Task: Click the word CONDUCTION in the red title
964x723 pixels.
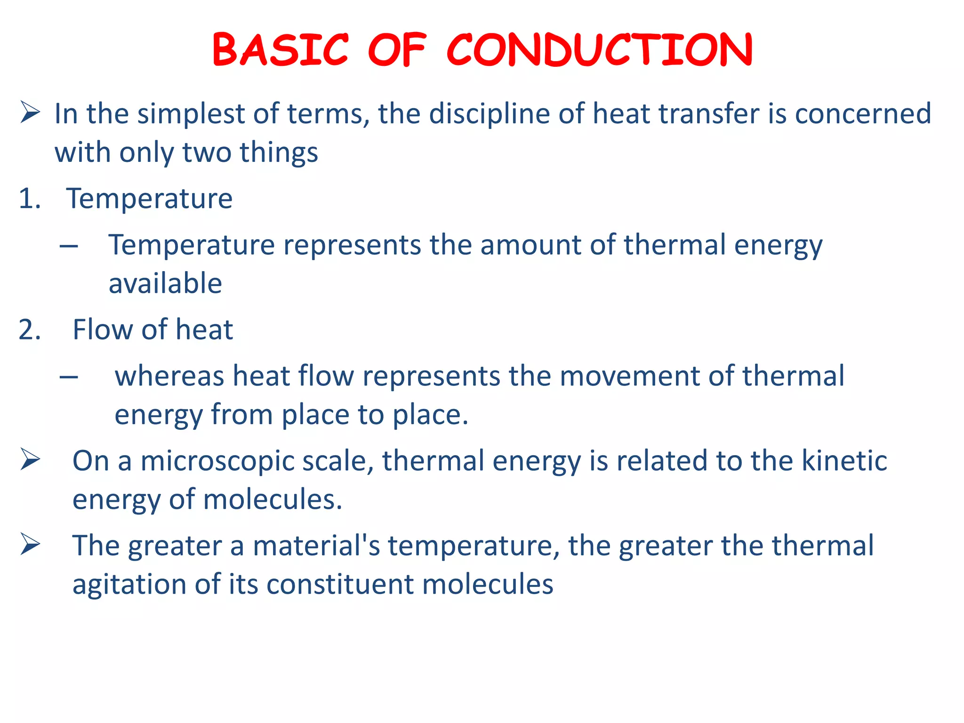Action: tap(599, 50)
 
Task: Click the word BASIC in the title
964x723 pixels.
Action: tap(281, 50)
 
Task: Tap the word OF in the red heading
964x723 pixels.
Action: tap(397, 50)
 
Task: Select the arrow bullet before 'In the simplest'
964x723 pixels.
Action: tap(30, 113)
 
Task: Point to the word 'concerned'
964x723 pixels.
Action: tap(863, 114)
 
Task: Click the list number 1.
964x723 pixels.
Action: tap(29, 198)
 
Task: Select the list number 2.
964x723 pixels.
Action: tap(29, 329)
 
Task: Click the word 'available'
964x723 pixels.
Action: tap(165, 283)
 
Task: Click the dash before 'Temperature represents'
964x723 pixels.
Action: tap(69, 246)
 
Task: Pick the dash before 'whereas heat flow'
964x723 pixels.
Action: tap(69, 377)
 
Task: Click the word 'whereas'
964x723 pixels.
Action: tap(169, 377)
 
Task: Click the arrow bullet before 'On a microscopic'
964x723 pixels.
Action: tap(30, 460)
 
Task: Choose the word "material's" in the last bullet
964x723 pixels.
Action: tap(316, 546)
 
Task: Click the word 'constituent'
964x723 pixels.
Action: tap(340, 584)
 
